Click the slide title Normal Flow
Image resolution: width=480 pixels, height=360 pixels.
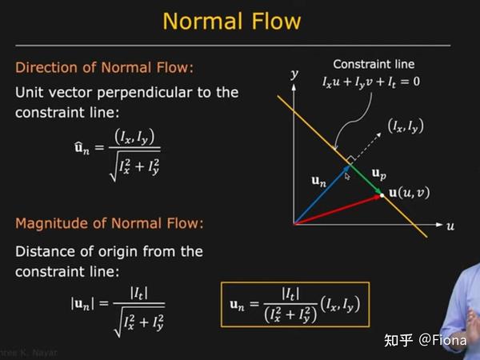point(232,21)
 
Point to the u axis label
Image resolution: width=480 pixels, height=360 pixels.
point(450,226)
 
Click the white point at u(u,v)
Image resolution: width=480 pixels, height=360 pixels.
point(382,194)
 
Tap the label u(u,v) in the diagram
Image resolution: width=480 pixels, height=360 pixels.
point(409,194)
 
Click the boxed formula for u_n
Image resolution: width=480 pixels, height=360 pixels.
point(295,305)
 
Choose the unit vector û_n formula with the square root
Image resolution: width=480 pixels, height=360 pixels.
point(115,154)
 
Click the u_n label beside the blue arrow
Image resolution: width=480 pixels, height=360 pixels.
point(319,182)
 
